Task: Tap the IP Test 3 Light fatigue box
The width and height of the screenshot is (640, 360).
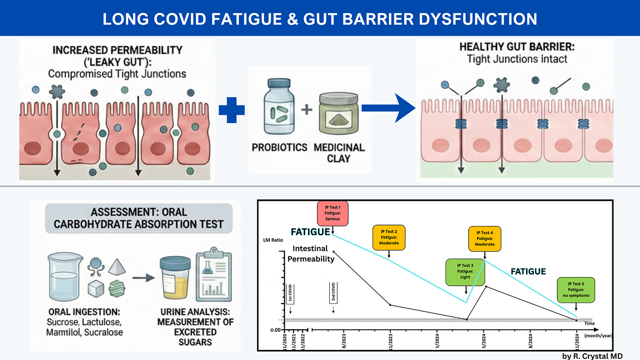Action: tap(465, 271)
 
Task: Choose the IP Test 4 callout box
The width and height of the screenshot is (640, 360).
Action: tap(484, 238)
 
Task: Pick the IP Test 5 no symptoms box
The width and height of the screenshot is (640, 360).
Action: tap(575, 290)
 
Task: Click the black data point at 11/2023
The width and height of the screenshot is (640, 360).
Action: tap(390, 305)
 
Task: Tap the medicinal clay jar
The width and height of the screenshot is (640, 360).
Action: tap(339, 119)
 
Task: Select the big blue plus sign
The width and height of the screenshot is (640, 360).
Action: tap(232, 110)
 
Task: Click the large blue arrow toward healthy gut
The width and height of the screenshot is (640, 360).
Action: tap(388, 108)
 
